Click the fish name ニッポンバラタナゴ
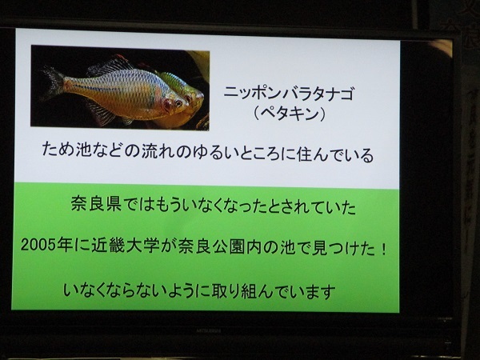click(x=288, y=94)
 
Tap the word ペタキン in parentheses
click(x=289, y=114)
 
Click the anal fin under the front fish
click(x=102, y=114)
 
